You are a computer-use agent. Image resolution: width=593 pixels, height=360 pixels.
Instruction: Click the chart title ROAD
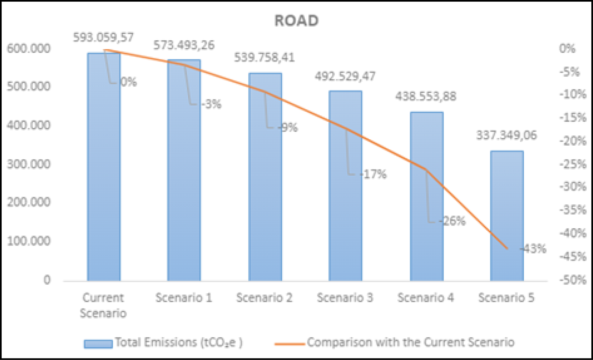296,21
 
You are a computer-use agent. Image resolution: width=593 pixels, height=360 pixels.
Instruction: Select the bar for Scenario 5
507,216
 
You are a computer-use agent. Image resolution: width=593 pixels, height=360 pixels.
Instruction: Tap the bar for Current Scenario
104,168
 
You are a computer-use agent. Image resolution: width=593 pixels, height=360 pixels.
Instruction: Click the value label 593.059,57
103,38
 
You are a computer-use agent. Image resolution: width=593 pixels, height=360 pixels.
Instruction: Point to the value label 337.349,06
506,136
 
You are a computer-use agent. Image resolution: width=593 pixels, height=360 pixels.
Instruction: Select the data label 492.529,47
345,76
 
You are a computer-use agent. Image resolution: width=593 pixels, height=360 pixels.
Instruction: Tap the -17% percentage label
373,174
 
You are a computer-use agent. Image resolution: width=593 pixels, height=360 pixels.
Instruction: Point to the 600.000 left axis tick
29,49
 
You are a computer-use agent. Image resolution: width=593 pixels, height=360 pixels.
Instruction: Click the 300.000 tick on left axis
29,164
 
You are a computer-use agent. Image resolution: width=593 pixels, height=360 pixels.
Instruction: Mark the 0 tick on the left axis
47,280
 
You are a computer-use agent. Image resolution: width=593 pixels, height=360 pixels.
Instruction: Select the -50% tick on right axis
573,280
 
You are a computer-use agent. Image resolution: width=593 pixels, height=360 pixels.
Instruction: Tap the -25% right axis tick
573,164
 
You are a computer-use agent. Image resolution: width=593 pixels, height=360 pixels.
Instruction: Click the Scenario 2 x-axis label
264,298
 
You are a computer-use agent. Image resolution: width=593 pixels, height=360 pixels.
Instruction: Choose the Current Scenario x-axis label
103,305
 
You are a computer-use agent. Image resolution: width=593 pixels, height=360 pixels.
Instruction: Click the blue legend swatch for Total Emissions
98,344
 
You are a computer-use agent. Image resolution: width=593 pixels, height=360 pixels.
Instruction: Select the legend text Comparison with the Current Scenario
411,342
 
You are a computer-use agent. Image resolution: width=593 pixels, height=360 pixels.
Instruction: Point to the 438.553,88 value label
426,97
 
